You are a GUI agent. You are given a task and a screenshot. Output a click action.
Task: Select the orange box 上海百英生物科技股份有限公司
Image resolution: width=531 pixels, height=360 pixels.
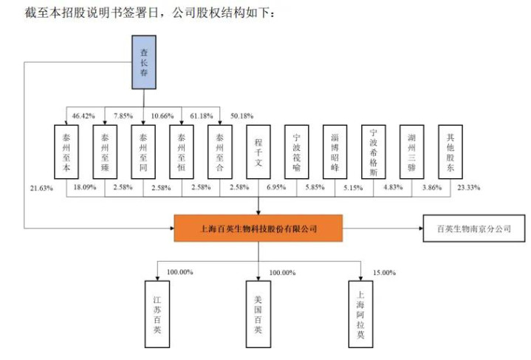click(x=258, y=228)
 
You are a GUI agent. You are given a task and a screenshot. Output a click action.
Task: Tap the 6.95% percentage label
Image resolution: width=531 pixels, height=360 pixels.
click(x=275, y=189)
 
